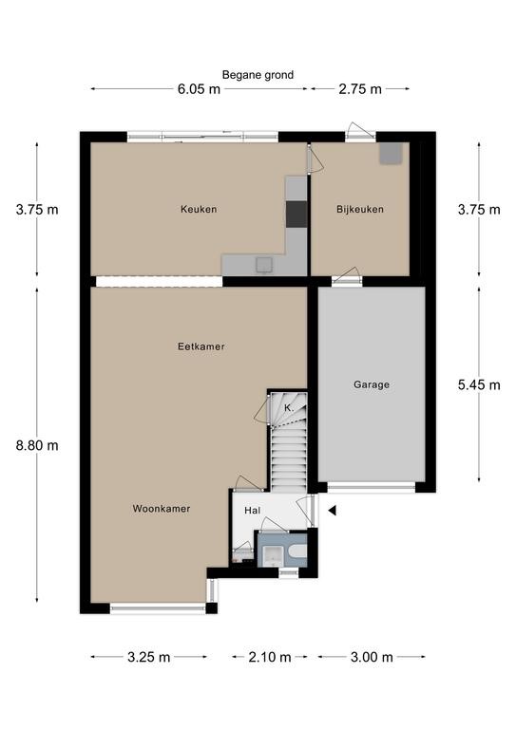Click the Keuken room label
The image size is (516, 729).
[199, 209]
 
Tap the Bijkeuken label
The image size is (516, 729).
[360, 209]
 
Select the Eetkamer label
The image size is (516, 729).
[201, 346]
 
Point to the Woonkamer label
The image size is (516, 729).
[162, 509]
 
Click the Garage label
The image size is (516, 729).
[372, 384]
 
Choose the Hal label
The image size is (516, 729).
[252, 511]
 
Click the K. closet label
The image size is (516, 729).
[289, 408]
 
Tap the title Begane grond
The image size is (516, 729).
[258, 75]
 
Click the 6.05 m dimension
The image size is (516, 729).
[199, 89]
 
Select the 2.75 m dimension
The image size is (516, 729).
[360, 89]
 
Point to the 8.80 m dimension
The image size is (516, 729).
[37, 445]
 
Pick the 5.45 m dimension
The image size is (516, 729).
[479, 384]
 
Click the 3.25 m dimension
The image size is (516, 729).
[149, 657]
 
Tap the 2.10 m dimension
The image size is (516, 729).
[270, 657]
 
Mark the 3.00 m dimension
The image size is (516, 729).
[372, 657]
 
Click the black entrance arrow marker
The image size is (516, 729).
[333, 511]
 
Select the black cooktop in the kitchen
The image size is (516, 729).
[296, 215]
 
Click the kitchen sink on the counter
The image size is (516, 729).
[264, 265]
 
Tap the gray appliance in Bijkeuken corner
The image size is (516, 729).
[391, 154]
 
